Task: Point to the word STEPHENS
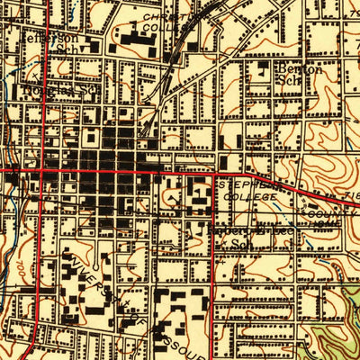246,182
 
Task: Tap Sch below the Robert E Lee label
239,243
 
